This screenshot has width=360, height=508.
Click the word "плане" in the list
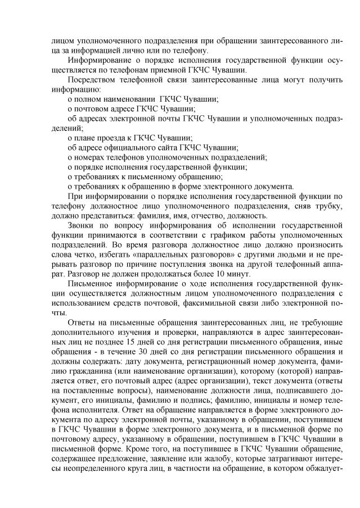(83, 138)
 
